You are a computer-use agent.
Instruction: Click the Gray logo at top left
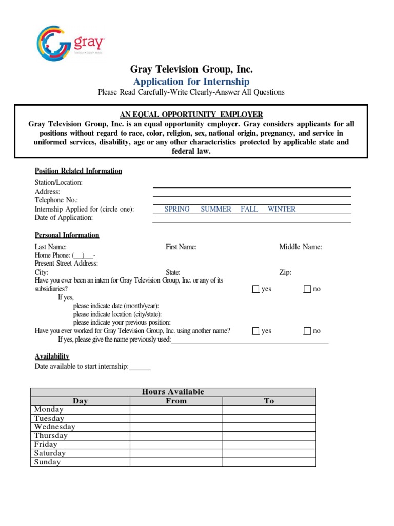[x=70, y=44]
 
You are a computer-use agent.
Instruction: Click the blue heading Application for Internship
[x=191, y=82]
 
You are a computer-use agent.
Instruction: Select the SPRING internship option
[x=177, y=209]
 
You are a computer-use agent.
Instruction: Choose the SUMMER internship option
[x=216, y=209]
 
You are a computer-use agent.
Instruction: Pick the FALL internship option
[x=249, y=209]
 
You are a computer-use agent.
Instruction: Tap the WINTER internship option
[x=282, y=209]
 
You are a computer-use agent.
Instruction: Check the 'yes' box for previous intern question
[x=256, y=289]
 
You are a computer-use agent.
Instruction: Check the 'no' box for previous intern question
[x=307, y=289]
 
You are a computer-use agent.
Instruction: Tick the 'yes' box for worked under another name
[x=256, y=331]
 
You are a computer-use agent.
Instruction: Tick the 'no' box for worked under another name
[x=307, y=331]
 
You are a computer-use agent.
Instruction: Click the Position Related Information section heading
[x=78, y=171]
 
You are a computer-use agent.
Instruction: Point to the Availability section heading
[x=52, y=356]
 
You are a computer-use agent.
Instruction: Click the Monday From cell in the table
[x=176, y=410]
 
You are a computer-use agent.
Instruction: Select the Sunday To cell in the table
[x=269, y=462]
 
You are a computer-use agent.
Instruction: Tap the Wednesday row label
[x=55, y=427]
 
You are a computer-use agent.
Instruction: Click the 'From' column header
[x=176, y=401]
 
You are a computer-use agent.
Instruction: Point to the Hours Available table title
[x=173, y=392]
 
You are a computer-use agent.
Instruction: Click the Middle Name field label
[x=301, y=247]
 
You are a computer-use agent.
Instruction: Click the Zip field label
[x=285, y=272]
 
